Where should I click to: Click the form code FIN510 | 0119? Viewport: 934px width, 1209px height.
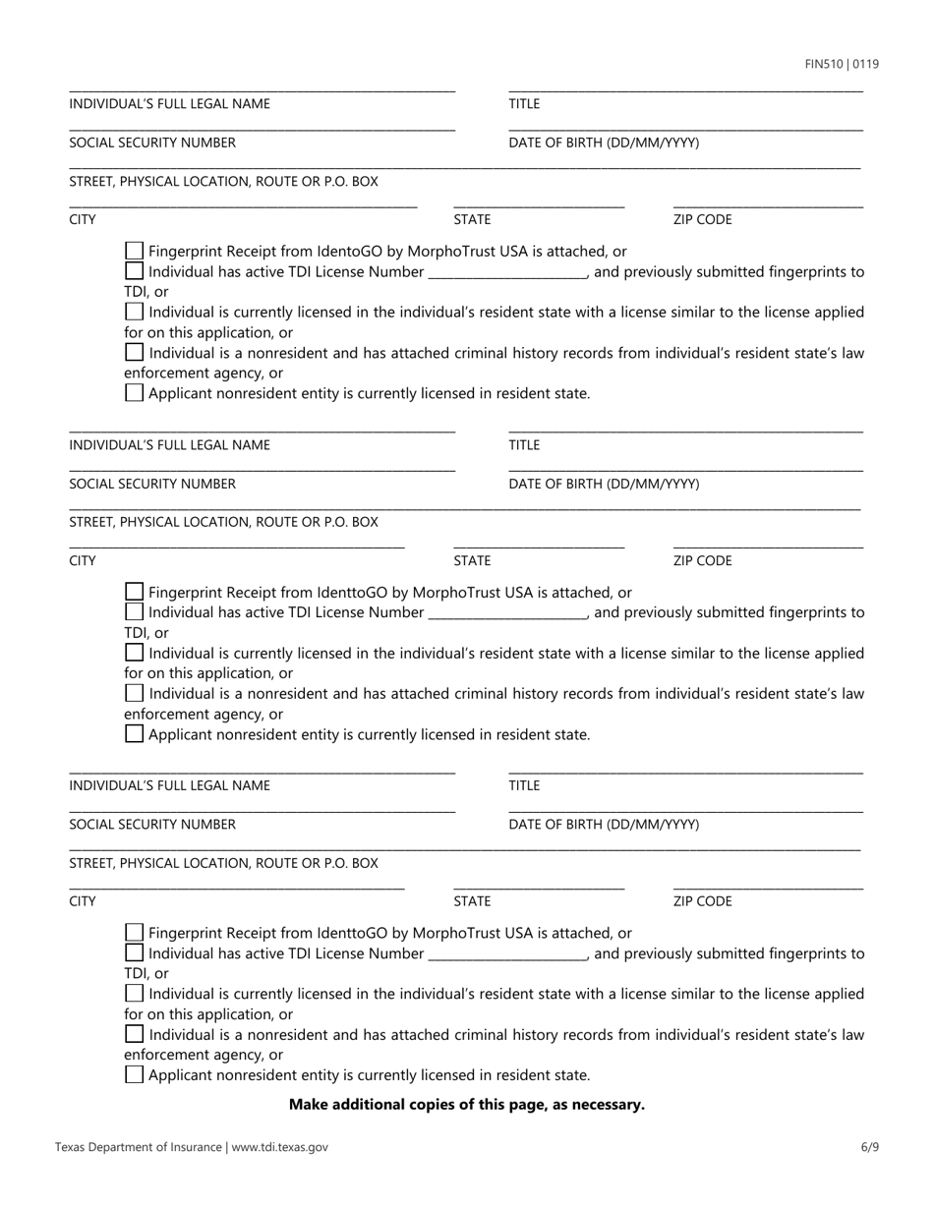[x=842, y=65]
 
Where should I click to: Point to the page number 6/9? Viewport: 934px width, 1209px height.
[x=869, y=1146]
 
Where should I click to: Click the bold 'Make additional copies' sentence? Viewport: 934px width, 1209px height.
[x=467, y=1105]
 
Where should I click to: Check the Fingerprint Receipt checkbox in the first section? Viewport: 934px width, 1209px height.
[x=135, y=252]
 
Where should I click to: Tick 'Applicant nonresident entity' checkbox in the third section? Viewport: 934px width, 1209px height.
[x=135, y=1075]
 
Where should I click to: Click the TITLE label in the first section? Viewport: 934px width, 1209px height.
[x=524, y=104]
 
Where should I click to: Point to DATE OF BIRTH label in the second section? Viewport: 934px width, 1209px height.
[x=604, y=484]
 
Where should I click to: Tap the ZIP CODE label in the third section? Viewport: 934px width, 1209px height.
[x=702, y=901]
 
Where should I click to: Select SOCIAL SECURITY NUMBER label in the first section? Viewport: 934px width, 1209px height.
[x=152, y=143]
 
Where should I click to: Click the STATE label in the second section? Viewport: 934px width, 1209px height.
[x=472, y=561]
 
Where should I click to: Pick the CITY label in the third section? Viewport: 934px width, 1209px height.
[x=83, y=901]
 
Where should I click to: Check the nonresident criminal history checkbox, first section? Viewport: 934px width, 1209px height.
[x=135, y=353]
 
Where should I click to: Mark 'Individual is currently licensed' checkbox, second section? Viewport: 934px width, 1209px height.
[x=135, y=653]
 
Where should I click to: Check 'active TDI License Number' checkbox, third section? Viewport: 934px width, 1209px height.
[x=135, y=953]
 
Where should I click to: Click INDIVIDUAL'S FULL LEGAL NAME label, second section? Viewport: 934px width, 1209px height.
[x=169, y=445]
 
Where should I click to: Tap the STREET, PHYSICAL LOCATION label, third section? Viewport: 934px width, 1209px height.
[x=223, y=863]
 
